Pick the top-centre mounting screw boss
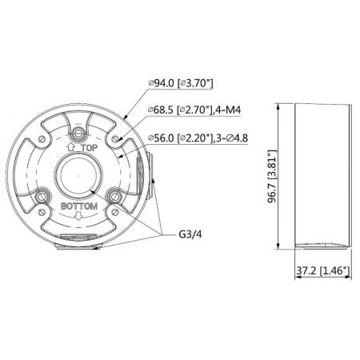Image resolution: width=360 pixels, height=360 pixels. [79, 133]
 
